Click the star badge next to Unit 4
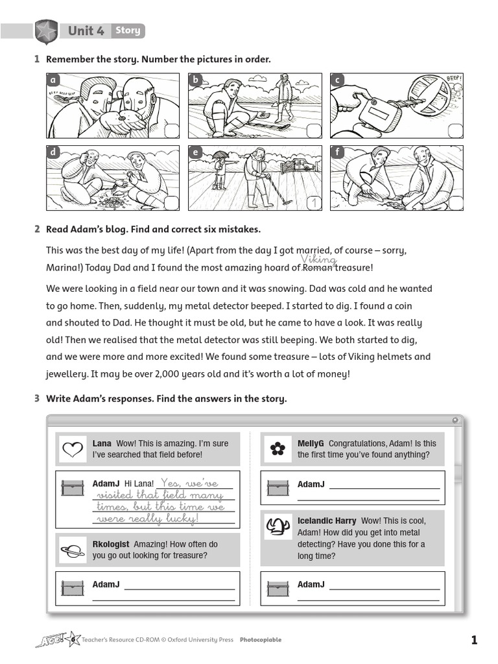click(x=45, y=31)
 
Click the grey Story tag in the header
click(x=127, y=30)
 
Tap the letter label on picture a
click(x=54, y=80)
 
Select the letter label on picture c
click(x=337, y=80)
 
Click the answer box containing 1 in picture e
click(x=313, y=203)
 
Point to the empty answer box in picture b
click(x=313, y=130)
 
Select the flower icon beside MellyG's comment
click(x=278, y=449)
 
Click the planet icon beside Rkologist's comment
click(x=72, y=551)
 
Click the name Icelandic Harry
click(x=327, y=521)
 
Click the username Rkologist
click(x=111, y=545)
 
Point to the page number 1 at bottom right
click(x=474, y=641)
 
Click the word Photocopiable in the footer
click(x=261, y=640)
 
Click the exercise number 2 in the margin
click(x=37, y=230)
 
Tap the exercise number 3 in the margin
click(x=37, y=399)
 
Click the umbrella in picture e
click(x=221, y=155)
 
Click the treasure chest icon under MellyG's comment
click(x=278, y=486)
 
